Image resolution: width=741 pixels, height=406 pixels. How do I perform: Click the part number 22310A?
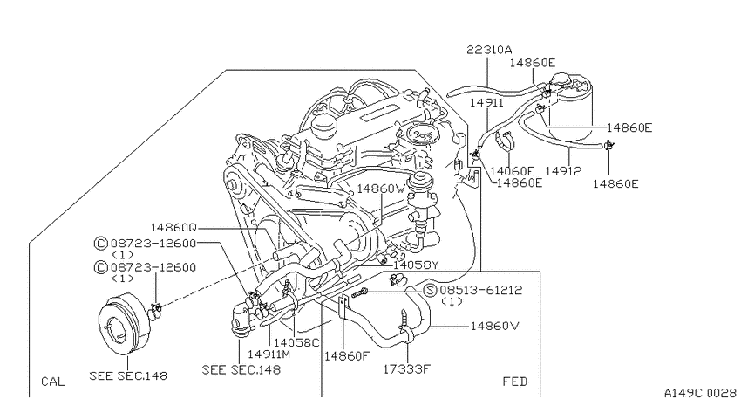click(x=489, y=50)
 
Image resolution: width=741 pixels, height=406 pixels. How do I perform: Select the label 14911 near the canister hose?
click(x=486, y=103)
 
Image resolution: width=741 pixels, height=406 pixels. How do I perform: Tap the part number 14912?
click(x=563, y=171)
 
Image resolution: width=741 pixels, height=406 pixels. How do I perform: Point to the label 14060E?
click(x=512, y=171)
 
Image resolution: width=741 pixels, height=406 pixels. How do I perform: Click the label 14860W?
click(x=381, y=189)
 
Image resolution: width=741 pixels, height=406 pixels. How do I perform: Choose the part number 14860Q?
click(x=173, y=228)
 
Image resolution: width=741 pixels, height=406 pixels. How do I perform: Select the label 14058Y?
click(x=416, y=265)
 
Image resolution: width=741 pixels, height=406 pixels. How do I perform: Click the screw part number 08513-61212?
click(x=481, y=290)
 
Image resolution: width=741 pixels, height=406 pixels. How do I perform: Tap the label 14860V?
click(x=495, y=326)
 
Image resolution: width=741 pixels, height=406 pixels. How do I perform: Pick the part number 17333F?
click(x=406, y=368)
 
